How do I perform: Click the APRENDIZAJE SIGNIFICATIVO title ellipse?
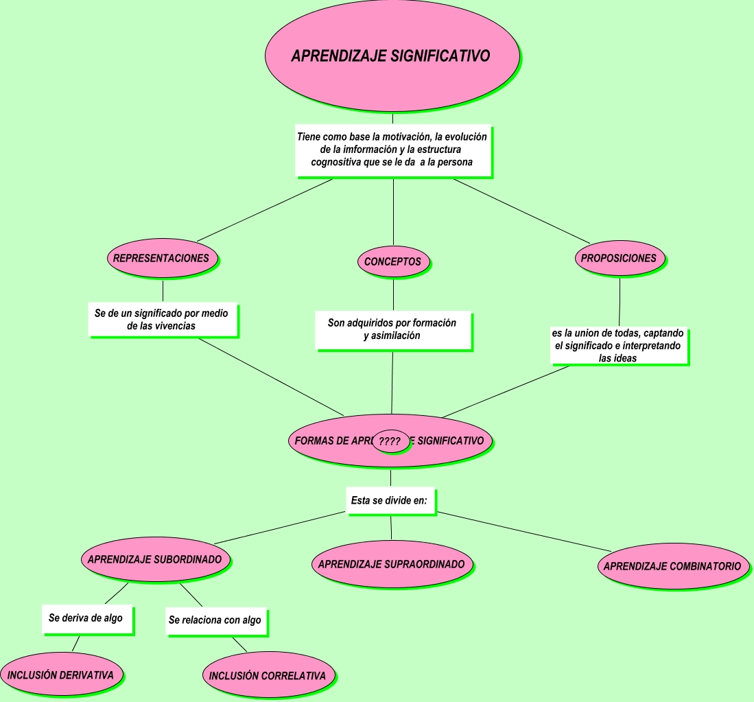392,56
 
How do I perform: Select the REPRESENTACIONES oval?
162,259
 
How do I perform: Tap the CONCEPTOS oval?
393,261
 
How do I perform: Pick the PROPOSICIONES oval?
620,258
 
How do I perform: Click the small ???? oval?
390,442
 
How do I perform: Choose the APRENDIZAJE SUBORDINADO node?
155,559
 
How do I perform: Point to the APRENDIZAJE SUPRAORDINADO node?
392,564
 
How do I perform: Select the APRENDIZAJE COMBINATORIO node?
672,566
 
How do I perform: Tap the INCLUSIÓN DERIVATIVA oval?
61,675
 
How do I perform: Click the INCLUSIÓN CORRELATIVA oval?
268,676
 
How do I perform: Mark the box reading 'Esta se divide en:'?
389,501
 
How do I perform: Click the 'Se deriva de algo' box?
86,618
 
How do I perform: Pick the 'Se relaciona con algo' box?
215,620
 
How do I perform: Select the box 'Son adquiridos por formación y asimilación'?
392,329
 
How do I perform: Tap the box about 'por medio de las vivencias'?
162,320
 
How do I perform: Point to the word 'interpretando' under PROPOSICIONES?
651,346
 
